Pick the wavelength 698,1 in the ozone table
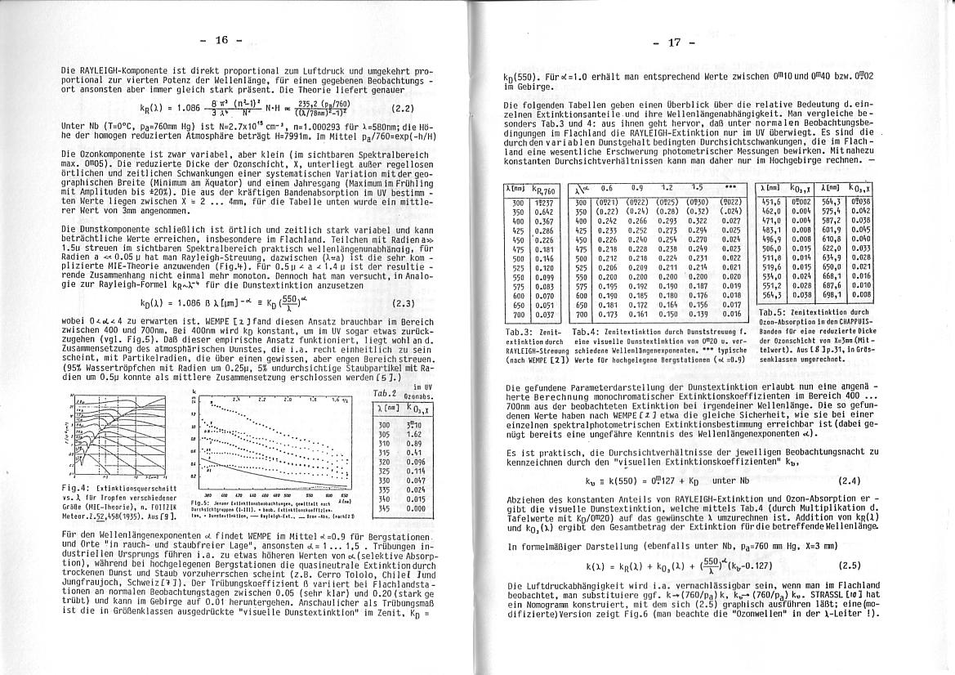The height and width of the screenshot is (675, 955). [x=832, y=294]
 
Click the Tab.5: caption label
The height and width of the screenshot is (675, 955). [x=772, y=312]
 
